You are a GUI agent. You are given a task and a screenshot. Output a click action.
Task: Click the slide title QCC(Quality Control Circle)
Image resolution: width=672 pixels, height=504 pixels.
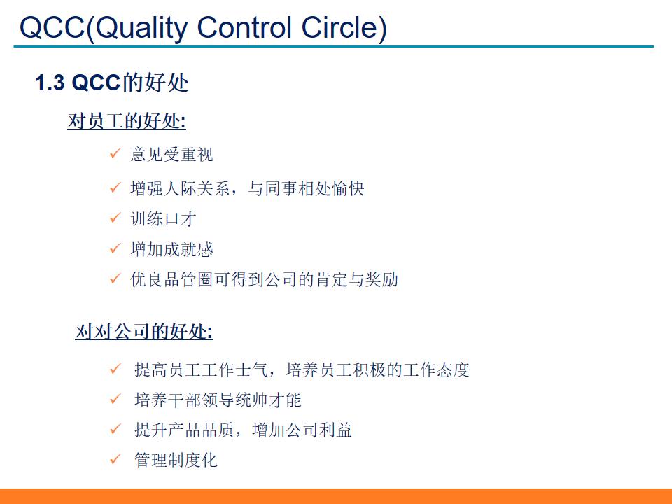pyautogui.click(x=203, y=28)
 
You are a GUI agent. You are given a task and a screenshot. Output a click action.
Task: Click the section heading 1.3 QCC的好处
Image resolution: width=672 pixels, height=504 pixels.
pyautogui.click(x=112, y=83)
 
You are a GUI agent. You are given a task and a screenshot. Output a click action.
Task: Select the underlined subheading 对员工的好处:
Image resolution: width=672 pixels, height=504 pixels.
pyautogui.click(x=127, y=121)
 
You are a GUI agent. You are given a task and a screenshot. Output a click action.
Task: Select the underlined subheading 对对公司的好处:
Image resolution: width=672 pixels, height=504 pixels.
pyautogui.click(x=144, y=331)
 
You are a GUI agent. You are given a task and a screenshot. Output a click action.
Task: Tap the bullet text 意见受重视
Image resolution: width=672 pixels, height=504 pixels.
pyautogui.click(x=171, y=154)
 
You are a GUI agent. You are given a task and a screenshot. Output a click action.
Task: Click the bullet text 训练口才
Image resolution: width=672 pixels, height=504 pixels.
pyautogui.click(x=163, y=218)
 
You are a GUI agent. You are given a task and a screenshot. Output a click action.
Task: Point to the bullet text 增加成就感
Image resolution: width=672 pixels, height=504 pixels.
pyautogui.click(x=171, y=249)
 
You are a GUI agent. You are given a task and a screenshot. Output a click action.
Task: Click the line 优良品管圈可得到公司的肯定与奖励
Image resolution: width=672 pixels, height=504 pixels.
pyautogui.click(x=264, y=279)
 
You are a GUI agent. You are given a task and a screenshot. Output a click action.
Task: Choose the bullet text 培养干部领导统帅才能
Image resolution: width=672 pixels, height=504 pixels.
pyautogui.click(x=218, y=400)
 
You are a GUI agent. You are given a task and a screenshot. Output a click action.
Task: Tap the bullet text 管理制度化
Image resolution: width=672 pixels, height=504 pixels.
pyautogui.click(x=176, y=460)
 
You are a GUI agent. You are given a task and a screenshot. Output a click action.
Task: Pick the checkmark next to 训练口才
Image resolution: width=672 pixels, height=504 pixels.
pyautogui.click(x=115, y=218)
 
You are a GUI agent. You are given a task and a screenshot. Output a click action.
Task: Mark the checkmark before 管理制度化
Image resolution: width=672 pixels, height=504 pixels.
pyautogui.click(x=115, y=460)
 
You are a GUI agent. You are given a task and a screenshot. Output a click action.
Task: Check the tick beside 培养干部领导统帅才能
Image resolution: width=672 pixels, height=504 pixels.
pyautogui.click(x=115, y=400)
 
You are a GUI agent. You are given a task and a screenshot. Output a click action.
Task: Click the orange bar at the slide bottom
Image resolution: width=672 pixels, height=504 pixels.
pyautogui.click(x=336, y=496)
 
